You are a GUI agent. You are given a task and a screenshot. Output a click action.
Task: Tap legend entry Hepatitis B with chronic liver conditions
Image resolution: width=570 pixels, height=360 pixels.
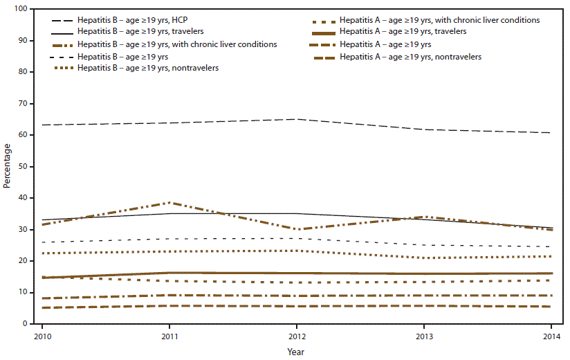177,44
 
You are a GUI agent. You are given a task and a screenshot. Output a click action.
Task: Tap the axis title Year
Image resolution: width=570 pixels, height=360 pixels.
296,352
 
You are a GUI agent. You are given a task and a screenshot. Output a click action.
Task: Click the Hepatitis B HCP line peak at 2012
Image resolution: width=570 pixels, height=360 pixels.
296,119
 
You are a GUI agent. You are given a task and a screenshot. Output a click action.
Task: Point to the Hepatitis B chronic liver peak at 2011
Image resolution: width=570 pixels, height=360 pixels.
169,202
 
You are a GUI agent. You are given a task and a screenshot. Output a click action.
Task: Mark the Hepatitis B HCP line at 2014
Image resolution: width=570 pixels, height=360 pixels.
551,132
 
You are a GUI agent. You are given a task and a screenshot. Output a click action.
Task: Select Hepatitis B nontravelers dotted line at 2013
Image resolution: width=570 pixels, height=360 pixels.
423,258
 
